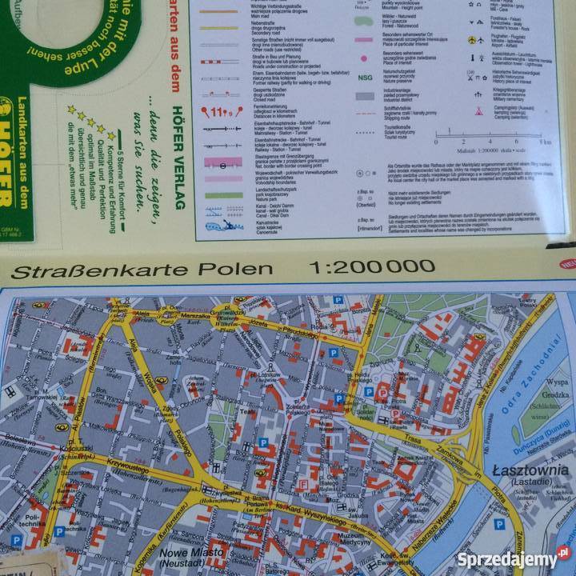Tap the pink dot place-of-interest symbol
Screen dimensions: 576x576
click(x=364, y=58)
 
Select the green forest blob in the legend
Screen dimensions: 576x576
click(x=364, y=17)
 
